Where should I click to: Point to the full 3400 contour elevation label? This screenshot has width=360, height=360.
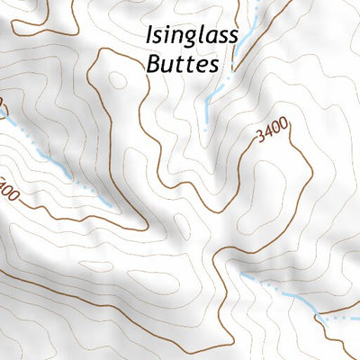(x=272, y=134)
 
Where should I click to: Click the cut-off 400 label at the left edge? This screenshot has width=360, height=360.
(x=7, y=192)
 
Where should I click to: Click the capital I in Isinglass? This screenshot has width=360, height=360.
(x=148, y=36)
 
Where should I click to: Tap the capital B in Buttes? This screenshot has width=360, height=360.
(x=150, y=65)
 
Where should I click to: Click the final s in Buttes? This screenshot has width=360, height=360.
(x=214, y=66)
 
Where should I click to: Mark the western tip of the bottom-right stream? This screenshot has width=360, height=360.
(x=241, y=275)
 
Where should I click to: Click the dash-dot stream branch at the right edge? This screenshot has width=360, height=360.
(x=342, y=316)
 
